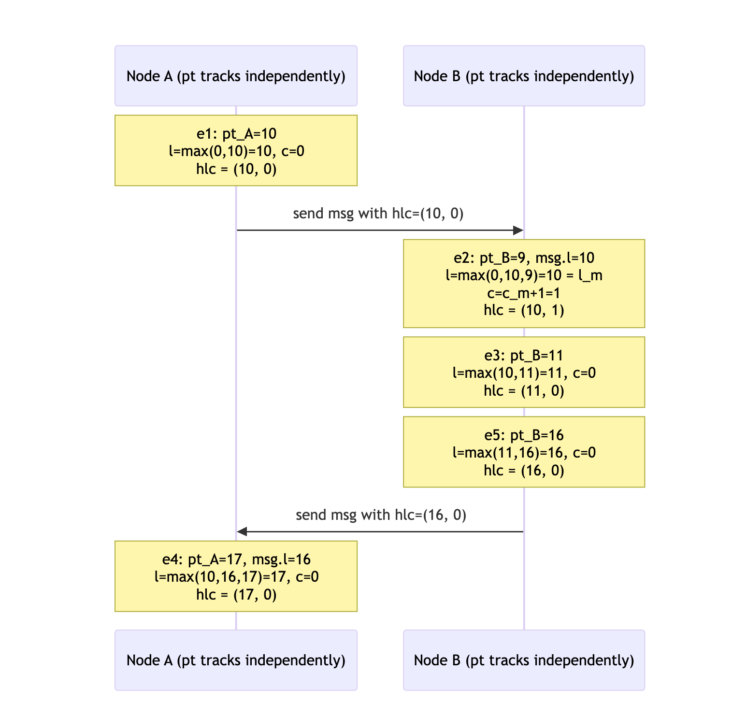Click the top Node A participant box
(236, 76)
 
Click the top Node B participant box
(524, 76)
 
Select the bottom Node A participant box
(236, 660)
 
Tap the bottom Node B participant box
(524, 660)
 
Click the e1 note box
(236, 150)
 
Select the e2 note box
(524, 284)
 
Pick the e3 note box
(524, 372)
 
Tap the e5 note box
(524, 452)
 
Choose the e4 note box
(236, 576)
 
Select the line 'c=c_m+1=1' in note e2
(524, 293)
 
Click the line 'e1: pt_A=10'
(236, 133)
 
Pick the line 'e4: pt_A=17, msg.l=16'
(236, 559)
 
